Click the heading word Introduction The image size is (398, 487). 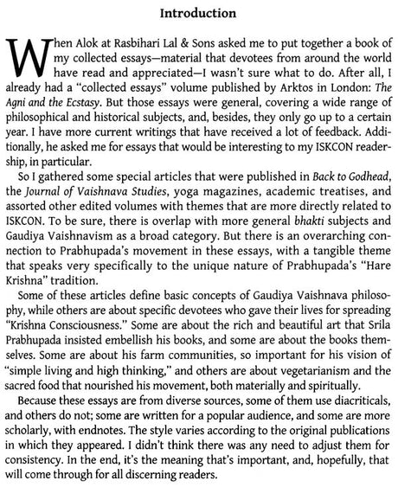click(x=199, y=14)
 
